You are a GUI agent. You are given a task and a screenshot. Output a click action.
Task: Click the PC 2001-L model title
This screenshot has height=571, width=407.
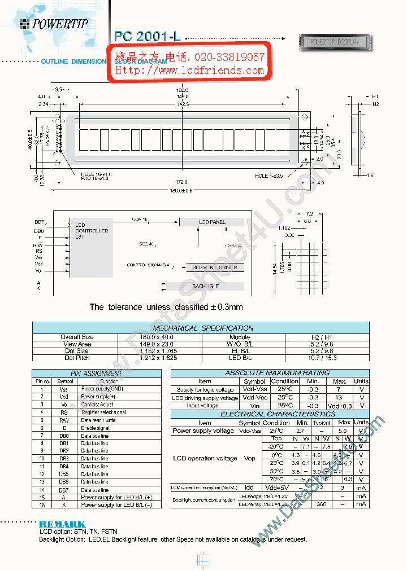click(x=147, y=36)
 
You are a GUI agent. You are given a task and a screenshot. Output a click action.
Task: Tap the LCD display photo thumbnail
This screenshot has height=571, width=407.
click(x=335, y=42)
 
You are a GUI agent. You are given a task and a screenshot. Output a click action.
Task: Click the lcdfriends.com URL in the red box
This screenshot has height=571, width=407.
click(x=190, y=71)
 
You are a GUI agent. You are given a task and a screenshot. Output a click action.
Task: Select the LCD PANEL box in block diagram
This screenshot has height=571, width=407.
click(x=211, y=222)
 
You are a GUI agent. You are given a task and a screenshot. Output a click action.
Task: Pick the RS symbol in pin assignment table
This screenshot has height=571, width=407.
click(x=64, y=412)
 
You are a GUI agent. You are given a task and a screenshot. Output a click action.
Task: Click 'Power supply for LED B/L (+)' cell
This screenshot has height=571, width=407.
click(x=116, y=497)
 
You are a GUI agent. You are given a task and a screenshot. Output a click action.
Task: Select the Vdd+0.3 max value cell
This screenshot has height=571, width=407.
click(x=339, y=406)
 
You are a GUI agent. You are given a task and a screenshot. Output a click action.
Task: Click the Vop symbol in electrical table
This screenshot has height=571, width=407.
click(x=249, y=459)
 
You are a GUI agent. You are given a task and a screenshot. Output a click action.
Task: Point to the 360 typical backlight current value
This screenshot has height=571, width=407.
click(x=322, y=504)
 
